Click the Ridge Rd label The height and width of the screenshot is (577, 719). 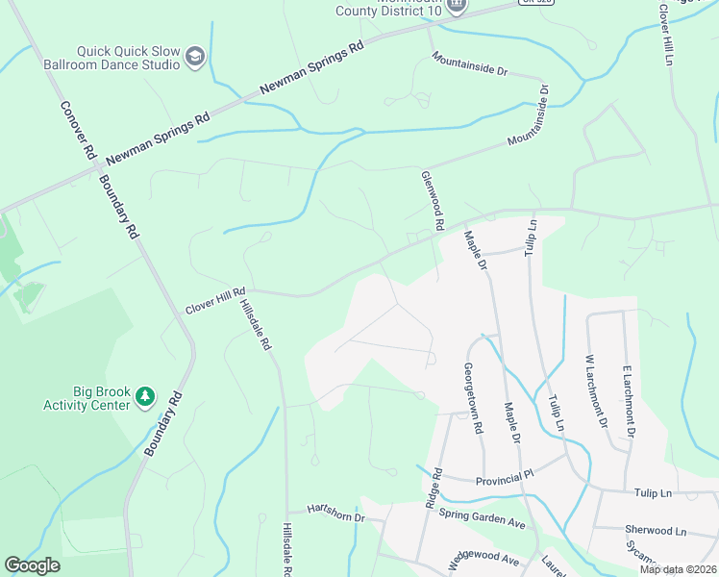tap(433, 489)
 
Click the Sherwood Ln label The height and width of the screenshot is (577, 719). tap(656, 530)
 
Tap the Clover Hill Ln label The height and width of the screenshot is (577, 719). tap(664, 34)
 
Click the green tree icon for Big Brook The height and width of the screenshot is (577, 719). tap(144, 396)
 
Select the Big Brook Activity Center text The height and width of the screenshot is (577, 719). tap(87, 398)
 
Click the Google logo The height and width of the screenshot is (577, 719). tap(33, 565)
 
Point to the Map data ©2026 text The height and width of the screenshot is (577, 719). tap(677, 569)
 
